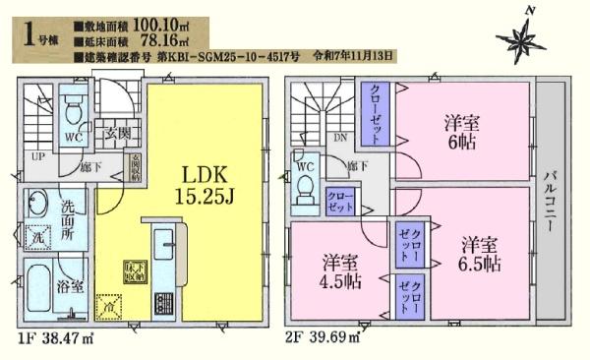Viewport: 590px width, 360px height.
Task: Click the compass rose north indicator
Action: tap(521, 37)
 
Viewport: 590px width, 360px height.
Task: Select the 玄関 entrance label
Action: tap(119, 132)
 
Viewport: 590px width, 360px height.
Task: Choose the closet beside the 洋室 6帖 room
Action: tap(376, 112)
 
